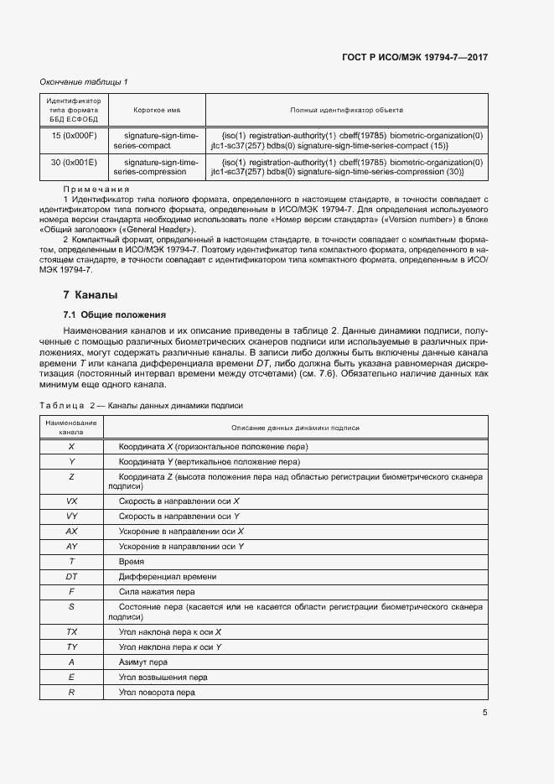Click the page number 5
click(484, 713)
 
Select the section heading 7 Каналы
click(91, 295)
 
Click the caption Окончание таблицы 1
click(84, 81)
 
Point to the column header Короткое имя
click(157, 110)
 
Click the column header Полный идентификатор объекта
click(346, 110)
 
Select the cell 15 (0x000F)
click(74, 135)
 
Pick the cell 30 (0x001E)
click(74, 162)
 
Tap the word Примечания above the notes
click(94, 190)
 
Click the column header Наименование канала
click(71, 428)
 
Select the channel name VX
click(71, 500)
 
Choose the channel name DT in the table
click(71, 576)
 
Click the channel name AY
click(71, 546)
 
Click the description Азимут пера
click(143, 662)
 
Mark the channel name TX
click(71, 631)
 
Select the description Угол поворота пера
click(157, 693)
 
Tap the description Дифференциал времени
click(168, 576)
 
